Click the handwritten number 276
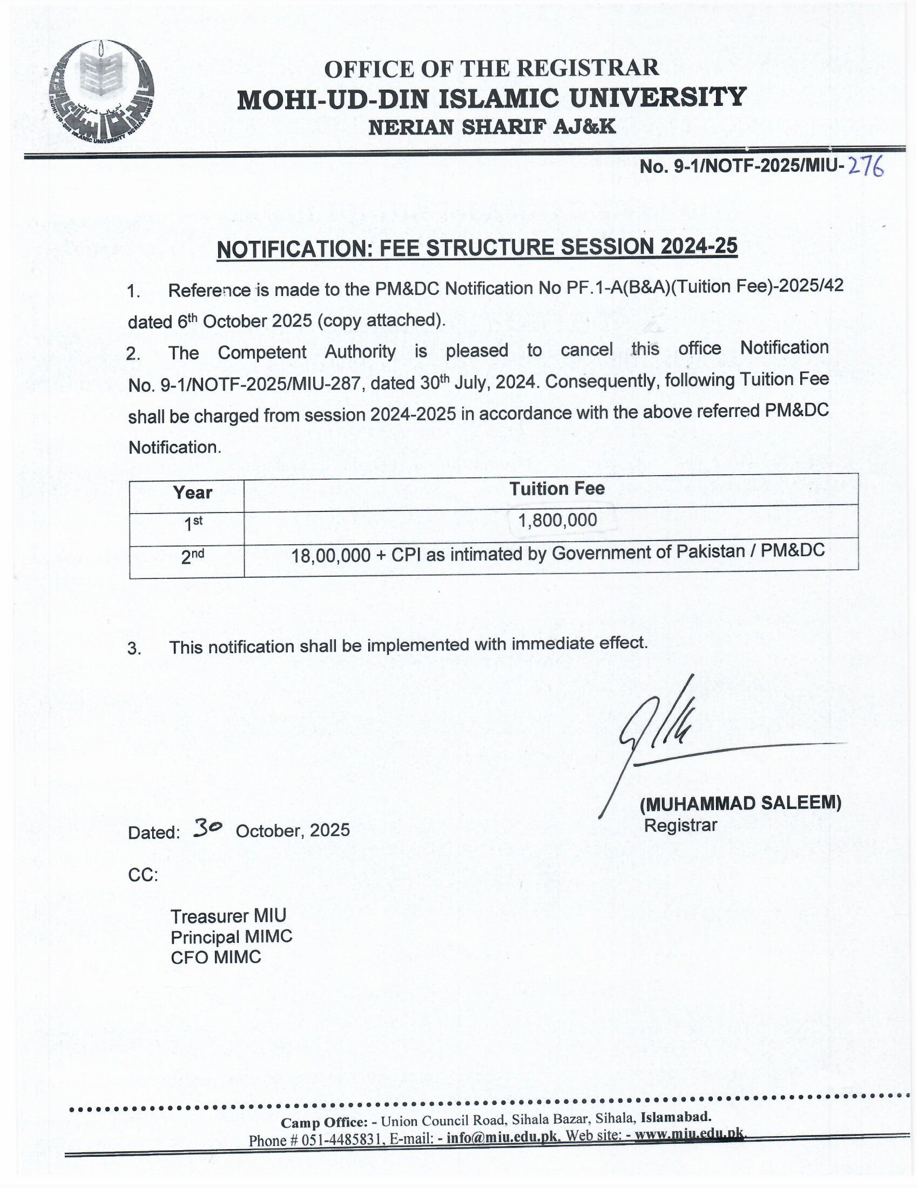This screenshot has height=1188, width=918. pos(866,166)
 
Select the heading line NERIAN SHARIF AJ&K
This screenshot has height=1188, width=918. pos(491,127)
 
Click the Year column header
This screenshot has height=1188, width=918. pos(192,492)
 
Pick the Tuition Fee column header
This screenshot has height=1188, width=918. pos(556,489)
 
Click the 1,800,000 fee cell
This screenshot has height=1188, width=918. pos(557,521)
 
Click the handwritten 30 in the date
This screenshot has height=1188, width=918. pos(207,828)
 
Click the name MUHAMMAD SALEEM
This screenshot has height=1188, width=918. pos(740,803)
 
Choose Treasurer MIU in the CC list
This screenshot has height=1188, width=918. pos(228,916)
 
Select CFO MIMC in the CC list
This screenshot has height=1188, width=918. pos(216,957)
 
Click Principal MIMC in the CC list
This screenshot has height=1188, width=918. pos(232,937)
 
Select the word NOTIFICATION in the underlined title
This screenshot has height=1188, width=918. pos(291,249)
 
